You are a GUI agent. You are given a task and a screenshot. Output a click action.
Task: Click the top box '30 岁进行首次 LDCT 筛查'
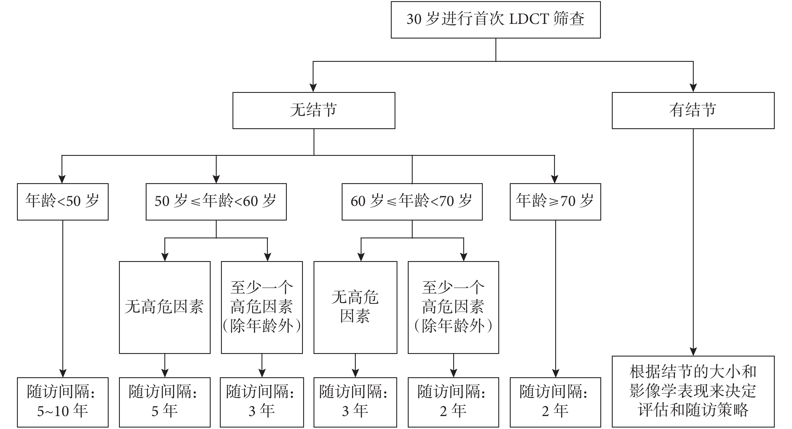(496, 20)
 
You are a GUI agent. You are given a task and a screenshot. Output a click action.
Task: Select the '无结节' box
(314, 110)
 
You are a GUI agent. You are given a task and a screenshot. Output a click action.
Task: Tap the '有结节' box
(693, 110)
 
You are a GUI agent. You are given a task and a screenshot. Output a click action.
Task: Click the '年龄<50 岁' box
(63, 202)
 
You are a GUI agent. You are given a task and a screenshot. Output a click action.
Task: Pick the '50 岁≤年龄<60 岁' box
(216, 202)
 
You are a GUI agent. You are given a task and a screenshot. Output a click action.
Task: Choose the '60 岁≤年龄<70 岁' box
(412, 202)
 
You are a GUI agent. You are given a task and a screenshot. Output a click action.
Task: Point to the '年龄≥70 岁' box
(555, 202)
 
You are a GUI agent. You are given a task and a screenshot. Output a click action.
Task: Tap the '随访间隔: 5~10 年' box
(63, 402)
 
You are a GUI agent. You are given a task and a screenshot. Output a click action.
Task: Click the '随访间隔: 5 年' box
(165, 402)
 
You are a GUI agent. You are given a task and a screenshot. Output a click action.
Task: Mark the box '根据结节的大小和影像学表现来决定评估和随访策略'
(693, 392)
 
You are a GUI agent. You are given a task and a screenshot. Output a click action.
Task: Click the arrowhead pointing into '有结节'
(693, 88)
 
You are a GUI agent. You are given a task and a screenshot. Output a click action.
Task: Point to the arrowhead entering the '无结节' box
(313, 88)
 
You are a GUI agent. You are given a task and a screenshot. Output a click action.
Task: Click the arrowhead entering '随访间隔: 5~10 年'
(63, 373)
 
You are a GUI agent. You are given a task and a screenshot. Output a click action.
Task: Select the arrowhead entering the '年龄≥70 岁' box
(554, 179)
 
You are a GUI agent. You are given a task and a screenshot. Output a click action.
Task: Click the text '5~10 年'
(63, 411)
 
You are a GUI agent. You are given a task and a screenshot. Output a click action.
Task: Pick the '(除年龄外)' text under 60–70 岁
(453, 326)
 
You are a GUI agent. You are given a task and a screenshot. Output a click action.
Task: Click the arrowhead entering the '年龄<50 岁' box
(62, 179)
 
